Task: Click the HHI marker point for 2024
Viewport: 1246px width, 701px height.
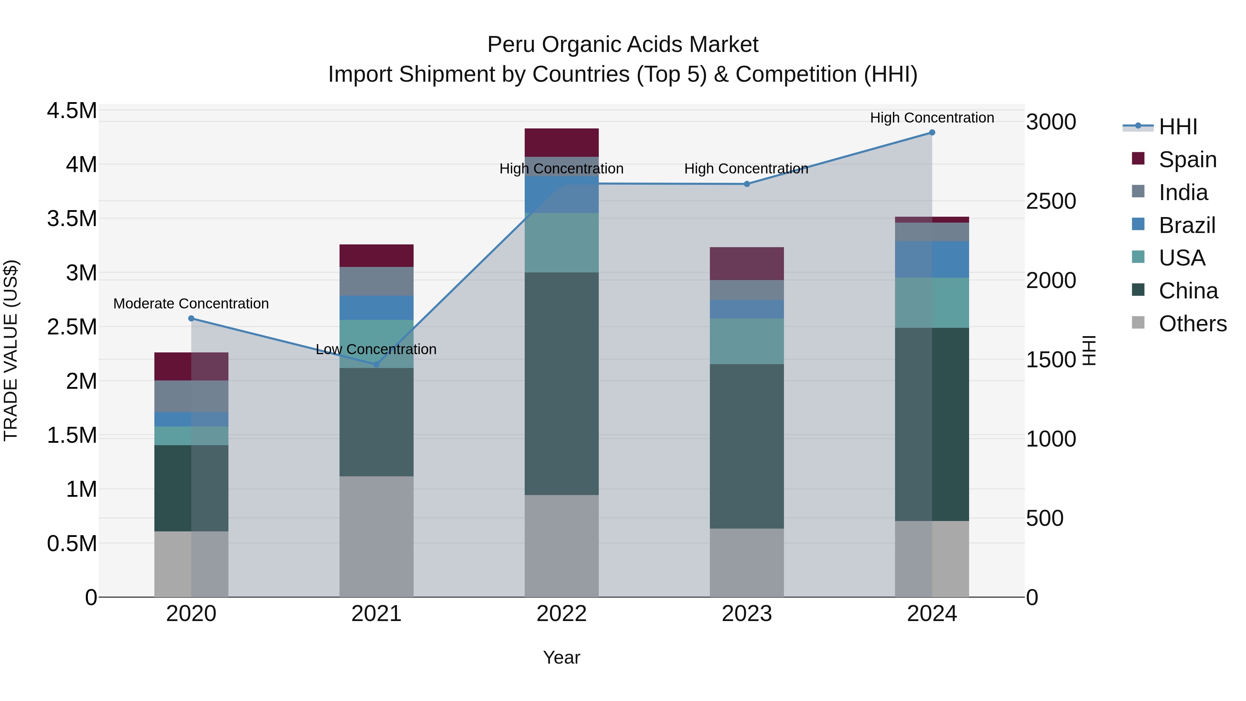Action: [x=932, y=133]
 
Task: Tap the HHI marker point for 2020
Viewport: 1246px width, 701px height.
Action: [x=191, y=318]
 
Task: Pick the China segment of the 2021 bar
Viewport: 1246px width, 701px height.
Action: [x=376, y=422]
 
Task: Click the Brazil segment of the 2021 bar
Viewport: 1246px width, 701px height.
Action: [x=376, y=308]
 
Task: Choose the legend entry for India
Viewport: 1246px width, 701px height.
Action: [x=1183, y=192]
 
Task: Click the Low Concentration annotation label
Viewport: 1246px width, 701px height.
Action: [x=376, y=349]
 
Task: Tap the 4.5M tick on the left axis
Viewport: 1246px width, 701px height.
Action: [x=72, y=111]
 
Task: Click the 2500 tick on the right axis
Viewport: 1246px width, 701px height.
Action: [x=1050, y=201]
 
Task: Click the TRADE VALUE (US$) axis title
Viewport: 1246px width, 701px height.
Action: [x=11, y=350]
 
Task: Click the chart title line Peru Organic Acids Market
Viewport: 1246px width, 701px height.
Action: [x=623, y=45]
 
